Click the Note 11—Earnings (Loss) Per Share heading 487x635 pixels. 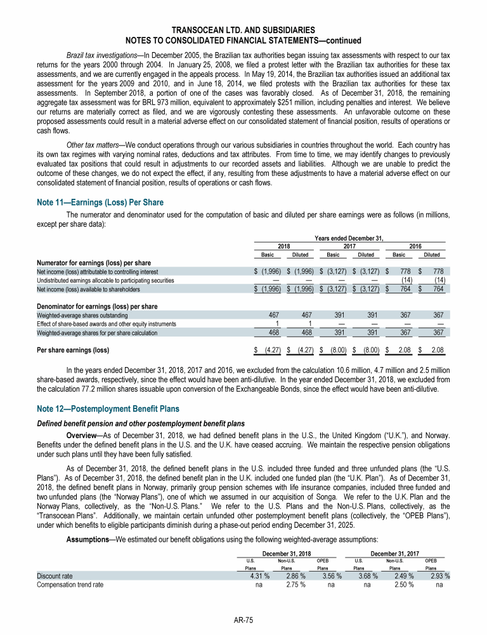(x=101, y=203)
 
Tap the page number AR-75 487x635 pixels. (x=243, y=620)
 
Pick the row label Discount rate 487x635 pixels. (x=54, y=576)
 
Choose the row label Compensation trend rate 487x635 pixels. (x=70, y=585)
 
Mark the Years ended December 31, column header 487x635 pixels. (x=350, y=238)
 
